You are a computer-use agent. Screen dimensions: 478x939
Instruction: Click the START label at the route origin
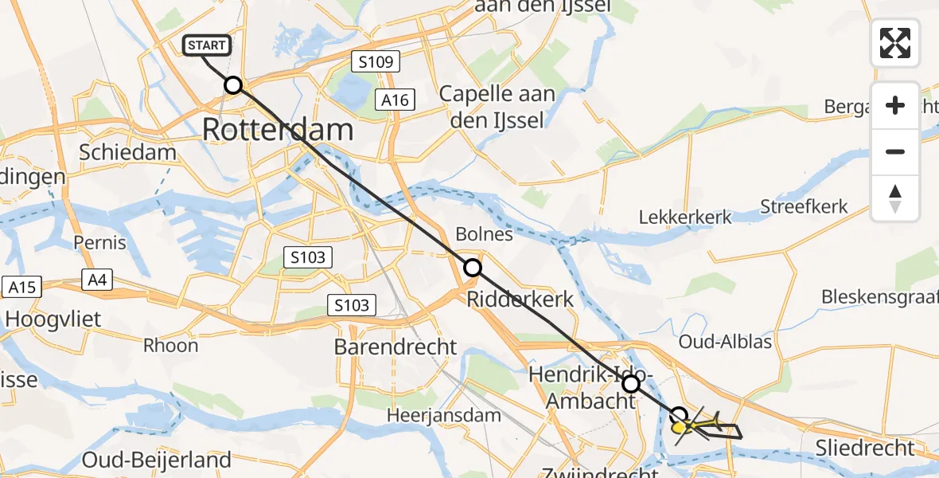(x=207, y=45)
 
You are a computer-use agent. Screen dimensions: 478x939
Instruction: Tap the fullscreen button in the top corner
(x=895, y=42)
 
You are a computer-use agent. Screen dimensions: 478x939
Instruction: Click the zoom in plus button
(x=895, y=105)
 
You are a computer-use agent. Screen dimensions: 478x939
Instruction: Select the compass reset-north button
(x=895, y=198)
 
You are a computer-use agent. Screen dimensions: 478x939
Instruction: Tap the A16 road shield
(x=395, y=100)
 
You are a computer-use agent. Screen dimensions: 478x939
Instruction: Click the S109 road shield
(x=375, y=61)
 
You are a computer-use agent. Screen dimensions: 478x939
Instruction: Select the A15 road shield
(x=22, y=287)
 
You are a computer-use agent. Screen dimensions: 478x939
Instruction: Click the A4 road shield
(x=97, y=280)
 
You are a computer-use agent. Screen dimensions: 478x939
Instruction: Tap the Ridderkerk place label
(x=520, y=300)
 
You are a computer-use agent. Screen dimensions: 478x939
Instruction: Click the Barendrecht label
(x=395, y=347)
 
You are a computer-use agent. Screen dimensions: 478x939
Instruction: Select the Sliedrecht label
(x=866, y=448)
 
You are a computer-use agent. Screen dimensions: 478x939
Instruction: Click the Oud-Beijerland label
(x=157, y=460)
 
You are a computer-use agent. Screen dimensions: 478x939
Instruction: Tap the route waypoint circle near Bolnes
(x=473, y=268)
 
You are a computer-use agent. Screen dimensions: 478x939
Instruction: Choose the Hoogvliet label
(x=52, y=319)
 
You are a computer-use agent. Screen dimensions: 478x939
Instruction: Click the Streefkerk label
(x=804, y=207)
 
